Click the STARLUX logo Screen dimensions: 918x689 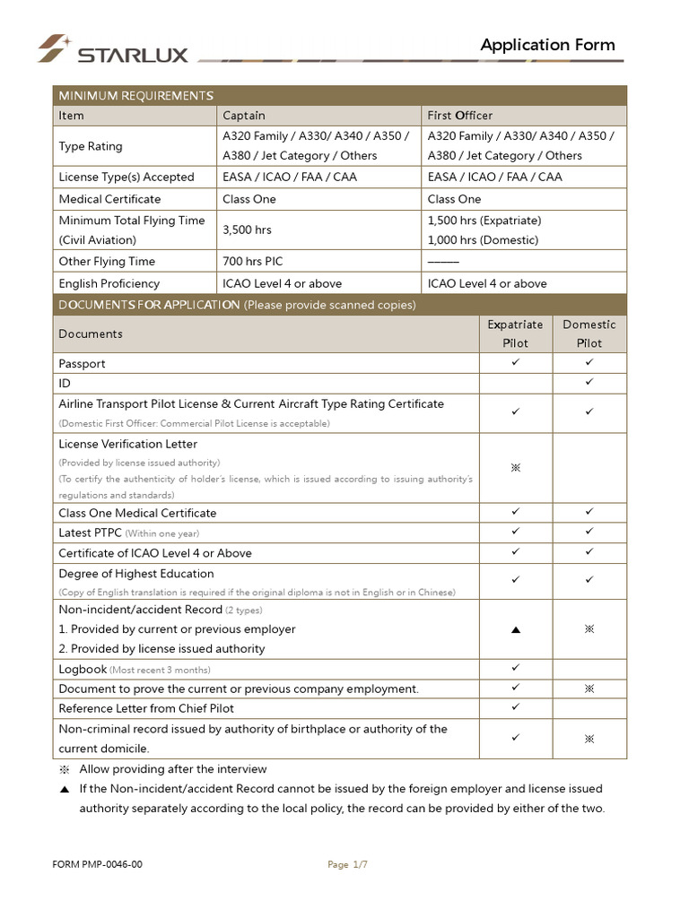[113, 49]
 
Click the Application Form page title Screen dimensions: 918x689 [547, 45]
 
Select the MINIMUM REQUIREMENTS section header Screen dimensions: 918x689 [135, 96]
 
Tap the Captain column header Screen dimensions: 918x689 [244, 116]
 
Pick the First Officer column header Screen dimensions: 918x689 [460, 116]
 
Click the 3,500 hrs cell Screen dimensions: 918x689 [247, 230]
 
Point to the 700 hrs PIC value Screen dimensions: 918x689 [252, 262]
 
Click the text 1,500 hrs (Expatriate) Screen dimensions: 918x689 [484, 221]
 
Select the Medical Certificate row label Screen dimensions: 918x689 [109, 199]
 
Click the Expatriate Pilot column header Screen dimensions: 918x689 [515, 333]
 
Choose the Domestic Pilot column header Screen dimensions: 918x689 [589, 333]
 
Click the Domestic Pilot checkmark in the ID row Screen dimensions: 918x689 [589, 383]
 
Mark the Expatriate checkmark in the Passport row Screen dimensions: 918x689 [515, 363]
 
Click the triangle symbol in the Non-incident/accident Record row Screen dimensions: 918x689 [515, 630]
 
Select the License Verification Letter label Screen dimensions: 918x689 [127, 444]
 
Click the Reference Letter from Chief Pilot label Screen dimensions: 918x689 [146, 708]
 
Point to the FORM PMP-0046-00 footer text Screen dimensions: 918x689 [98, 865]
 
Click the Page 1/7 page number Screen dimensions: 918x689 [348, 865]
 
